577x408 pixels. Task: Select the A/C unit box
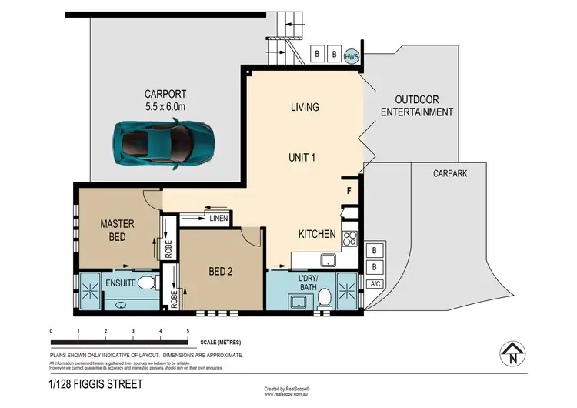point(375,284)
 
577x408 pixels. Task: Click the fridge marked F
point(349,189)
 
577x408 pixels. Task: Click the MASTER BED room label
point(118,230)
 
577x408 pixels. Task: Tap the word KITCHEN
point(317,234)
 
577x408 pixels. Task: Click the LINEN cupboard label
point(218,219)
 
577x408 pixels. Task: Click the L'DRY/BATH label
point(312,283)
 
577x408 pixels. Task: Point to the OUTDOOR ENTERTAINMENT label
point(423,106)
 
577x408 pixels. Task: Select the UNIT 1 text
point(305,157)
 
